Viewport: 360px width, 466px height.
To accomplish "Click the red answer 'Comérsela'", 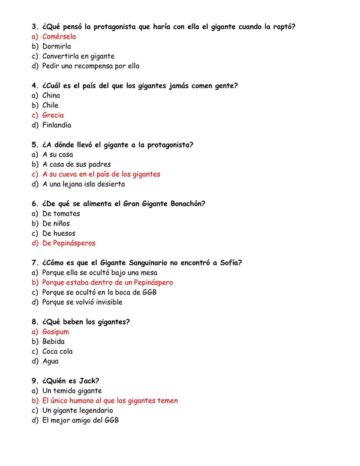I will click(x=59, y=37).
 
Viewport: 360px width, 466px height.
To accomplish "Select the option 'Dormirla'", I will click(x=56, y=46).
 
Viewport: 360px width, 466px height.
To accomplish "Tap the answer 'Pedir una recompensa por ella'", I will click(x=91, y=66).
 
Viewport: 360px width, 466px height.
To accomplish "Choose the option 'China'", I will click(x=51, y=95).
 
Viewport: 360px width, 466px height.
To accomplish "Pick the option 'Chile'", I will click(x=50, y=105).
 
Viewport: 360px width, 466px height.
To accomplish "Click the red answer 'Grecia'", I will click(x=53, y=115).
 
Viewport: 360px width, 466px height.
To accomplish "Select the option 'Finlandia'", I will click(x=56, y=125).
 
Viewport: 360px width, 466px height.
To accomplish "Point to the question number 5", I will click(x=34, y=145).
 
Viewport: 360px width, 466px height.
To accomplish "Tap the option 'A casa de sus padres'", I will click(x=76, y=164).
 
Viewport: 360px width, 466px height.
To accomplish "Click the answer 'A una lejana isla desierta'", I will click(x=83, y=184).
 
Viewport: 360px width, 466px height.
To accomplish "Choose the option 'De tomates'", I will click(x=61, y=214).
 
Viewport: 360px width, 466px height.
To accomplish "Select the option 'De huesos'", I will click(x=59, y=233).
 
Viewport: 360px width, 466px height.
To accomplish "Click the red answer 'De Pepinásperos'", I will click(x=68, y=243).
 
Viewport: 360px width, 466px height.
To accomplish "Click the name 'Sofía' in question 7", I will click(x=229, y=263).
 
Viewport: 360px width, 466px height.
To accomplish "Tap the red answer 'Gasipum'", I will click(x=55, y=332).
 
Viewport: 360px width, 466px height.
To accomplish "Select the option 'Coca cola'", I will click(x=57, y=351).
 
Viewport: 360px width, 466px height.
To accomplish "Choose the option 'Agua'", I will click(x=50, y=361).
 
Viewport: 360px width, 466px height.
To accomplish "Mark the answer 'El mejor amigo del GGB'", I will click(x=80, y=420).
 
